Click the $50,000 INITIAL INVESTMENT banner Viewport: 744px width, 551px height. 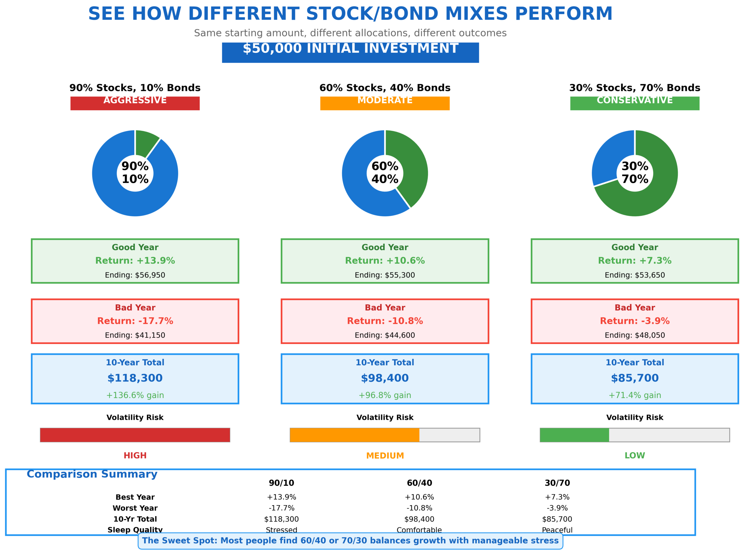pos(350,52)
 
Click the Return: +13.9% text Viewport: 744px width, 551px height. pos(135,261)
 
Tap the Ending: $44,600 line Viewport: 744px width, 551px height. pos(385,335)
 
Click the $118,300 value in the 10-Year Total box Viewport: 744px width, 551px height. pos(135,378)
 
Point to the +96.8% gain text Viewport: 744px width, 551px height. pos(385,395)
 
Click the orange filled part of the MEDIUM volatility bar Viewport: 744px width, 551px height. pos(354,435)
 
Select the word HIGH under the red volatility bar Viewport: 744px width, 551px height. pos(135,456)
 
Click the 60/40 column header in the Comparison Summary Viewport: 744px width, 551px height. pos(419,483)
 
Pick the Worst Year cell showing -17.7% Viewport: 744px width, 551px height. pos(281,508)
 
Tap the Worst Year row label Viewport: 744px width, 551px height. pos(135,508)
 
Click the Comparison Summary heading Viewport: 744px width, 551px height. pos(92,474)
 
